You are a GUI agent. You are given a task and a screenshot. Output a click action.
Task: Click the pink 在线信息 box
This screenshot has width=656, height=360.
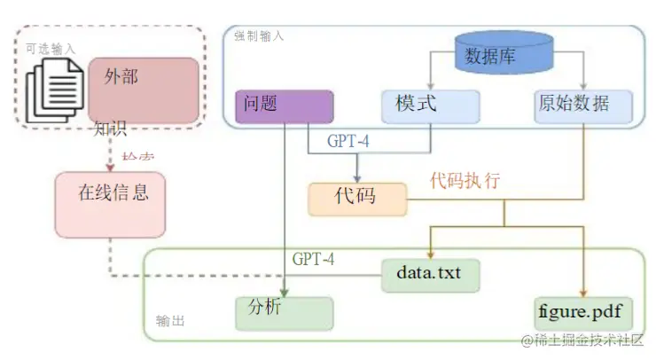pyautogui.click(x=110, y=204)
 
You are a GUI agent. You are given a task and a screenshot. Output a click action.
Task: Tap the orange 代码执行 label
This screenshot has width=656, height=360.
pyautogui.click(x=465, y=181)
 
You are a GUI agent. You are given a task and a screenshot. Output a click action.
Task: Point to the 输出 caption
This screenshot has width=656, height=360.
pyautogui.click(x=170, y=321)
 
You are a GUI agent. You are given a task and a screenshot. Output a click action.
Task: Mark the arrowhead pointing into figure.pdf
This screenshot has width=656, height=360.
pyautogui.click(x=583, y=293)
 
